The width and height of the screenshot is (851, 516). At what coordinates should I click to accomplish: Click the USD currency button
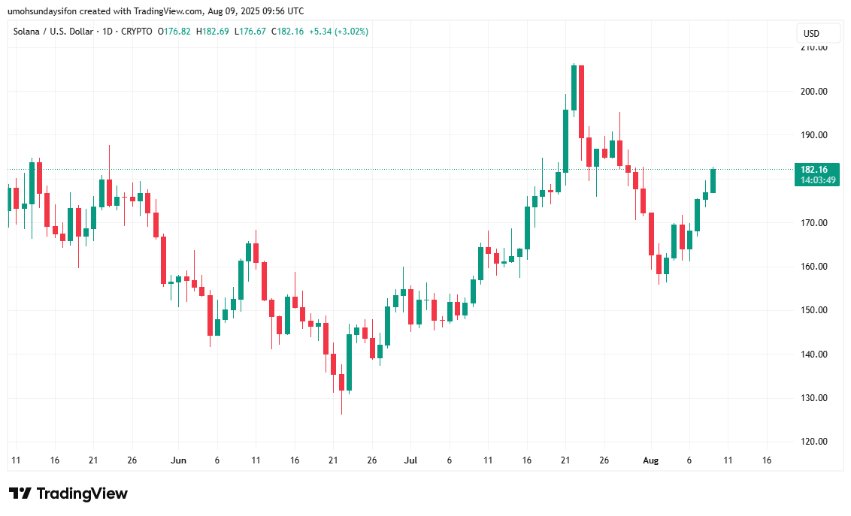(811, 34)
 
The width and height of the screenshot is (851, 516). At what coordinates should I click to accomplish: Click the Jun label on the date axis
(178, 460)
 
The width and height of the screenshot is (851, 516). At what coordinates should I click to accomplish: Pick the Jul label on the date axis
(410, 460)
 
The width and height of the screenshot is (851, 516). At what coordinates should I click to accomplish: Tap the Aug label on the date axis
(650, 460)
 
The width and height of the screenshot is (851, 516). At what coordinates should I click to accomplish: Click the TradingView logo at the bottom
(68, 493)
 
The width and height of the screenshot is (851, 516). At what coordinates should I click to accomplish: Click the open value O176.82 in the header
(174, 32)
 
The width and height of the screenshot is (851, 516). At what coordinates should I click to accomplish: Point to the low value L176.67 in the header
(250, 32)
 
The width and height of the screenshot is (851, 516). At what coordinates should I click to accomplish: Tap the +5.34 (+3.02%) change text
(341, 32)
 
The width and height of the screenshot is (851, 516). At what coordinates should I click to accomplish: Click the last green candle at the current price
(713, 180)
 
